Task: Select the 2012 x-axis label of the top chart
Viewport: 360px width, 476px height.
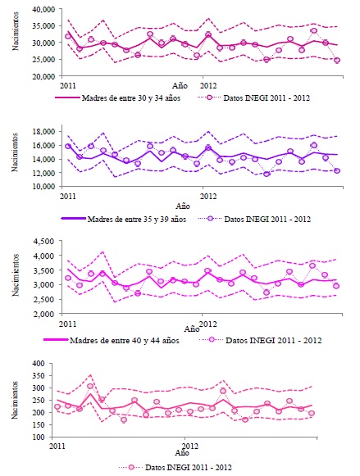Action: [x=208, y=84]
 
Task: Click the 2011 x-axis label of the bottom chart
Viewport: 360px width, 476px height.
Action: [x=57, y=446]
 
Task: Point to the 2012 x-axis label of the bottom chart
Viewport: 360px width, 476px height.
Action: [x=189, y=446]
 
